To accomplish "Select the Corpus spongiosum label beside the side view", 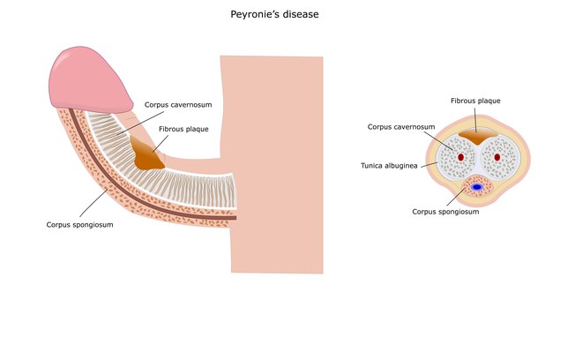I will [79, 225].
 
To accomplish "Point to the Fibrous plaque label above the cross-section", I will [475, 101].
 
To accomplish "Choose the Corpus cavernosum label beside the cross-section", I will [401, 127].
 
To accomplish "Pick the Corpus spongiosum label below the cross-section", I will [446, 212].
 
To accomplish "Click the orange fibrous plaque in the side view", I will [146, 154].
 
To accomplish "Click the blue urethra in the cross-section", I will [477, 187].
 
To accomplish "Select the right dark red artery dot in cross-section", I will [497, 158].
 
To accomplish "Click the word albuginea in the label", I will [407, 165].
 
